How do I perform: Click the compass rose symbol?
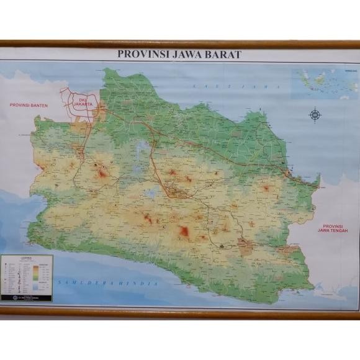[x=315, y=114]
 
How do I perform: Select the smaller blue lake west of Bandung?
[x=151, y=193]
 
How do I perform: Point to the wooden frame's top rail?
[x=180, y=44]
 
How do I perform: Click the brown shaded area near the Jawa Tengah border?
[x=246, y=247]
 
